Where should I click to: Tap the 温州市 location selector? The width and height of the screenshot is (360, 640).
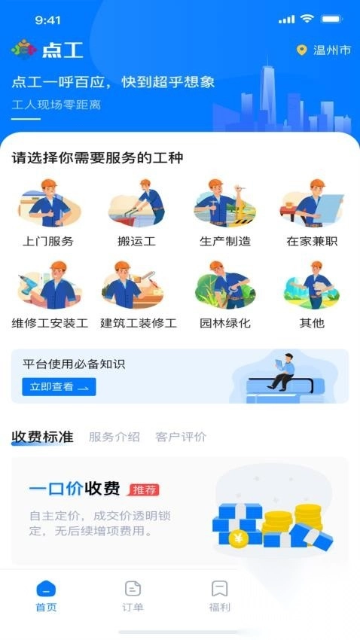coord(325,50)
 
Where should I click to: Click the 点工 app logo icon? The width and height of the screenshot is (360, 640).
coord(23,50)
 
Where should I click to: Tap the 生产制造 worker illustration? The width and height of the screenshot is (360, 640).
coord(225,205)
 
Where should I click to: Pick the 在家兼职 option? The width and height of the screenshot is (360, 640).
coord(312,205)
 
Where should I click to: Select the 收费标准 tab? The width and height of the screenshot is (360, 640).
coord(42,437)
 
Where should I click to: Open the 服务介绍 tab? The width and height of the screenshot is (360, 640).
coord(114,437)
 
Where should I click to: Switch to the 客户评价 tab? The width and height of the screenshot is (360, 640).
coord(181,437)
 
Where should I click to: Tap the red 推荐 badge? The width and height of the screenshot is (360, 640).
coord(144,490)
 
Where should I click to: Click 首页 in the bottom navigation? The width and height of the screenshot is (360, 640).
coord(46,596)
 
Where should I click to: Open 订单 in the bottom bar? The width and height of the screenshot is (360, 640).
coord(133,596)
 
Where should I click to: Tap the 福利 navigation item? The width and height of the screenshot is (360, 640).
coord(219,596)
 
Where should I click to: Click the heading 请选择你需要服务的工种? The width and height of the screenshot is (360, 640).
coord(97,157)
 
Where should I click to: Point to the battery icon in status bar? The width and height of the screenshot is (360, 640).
coord(331,19)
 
